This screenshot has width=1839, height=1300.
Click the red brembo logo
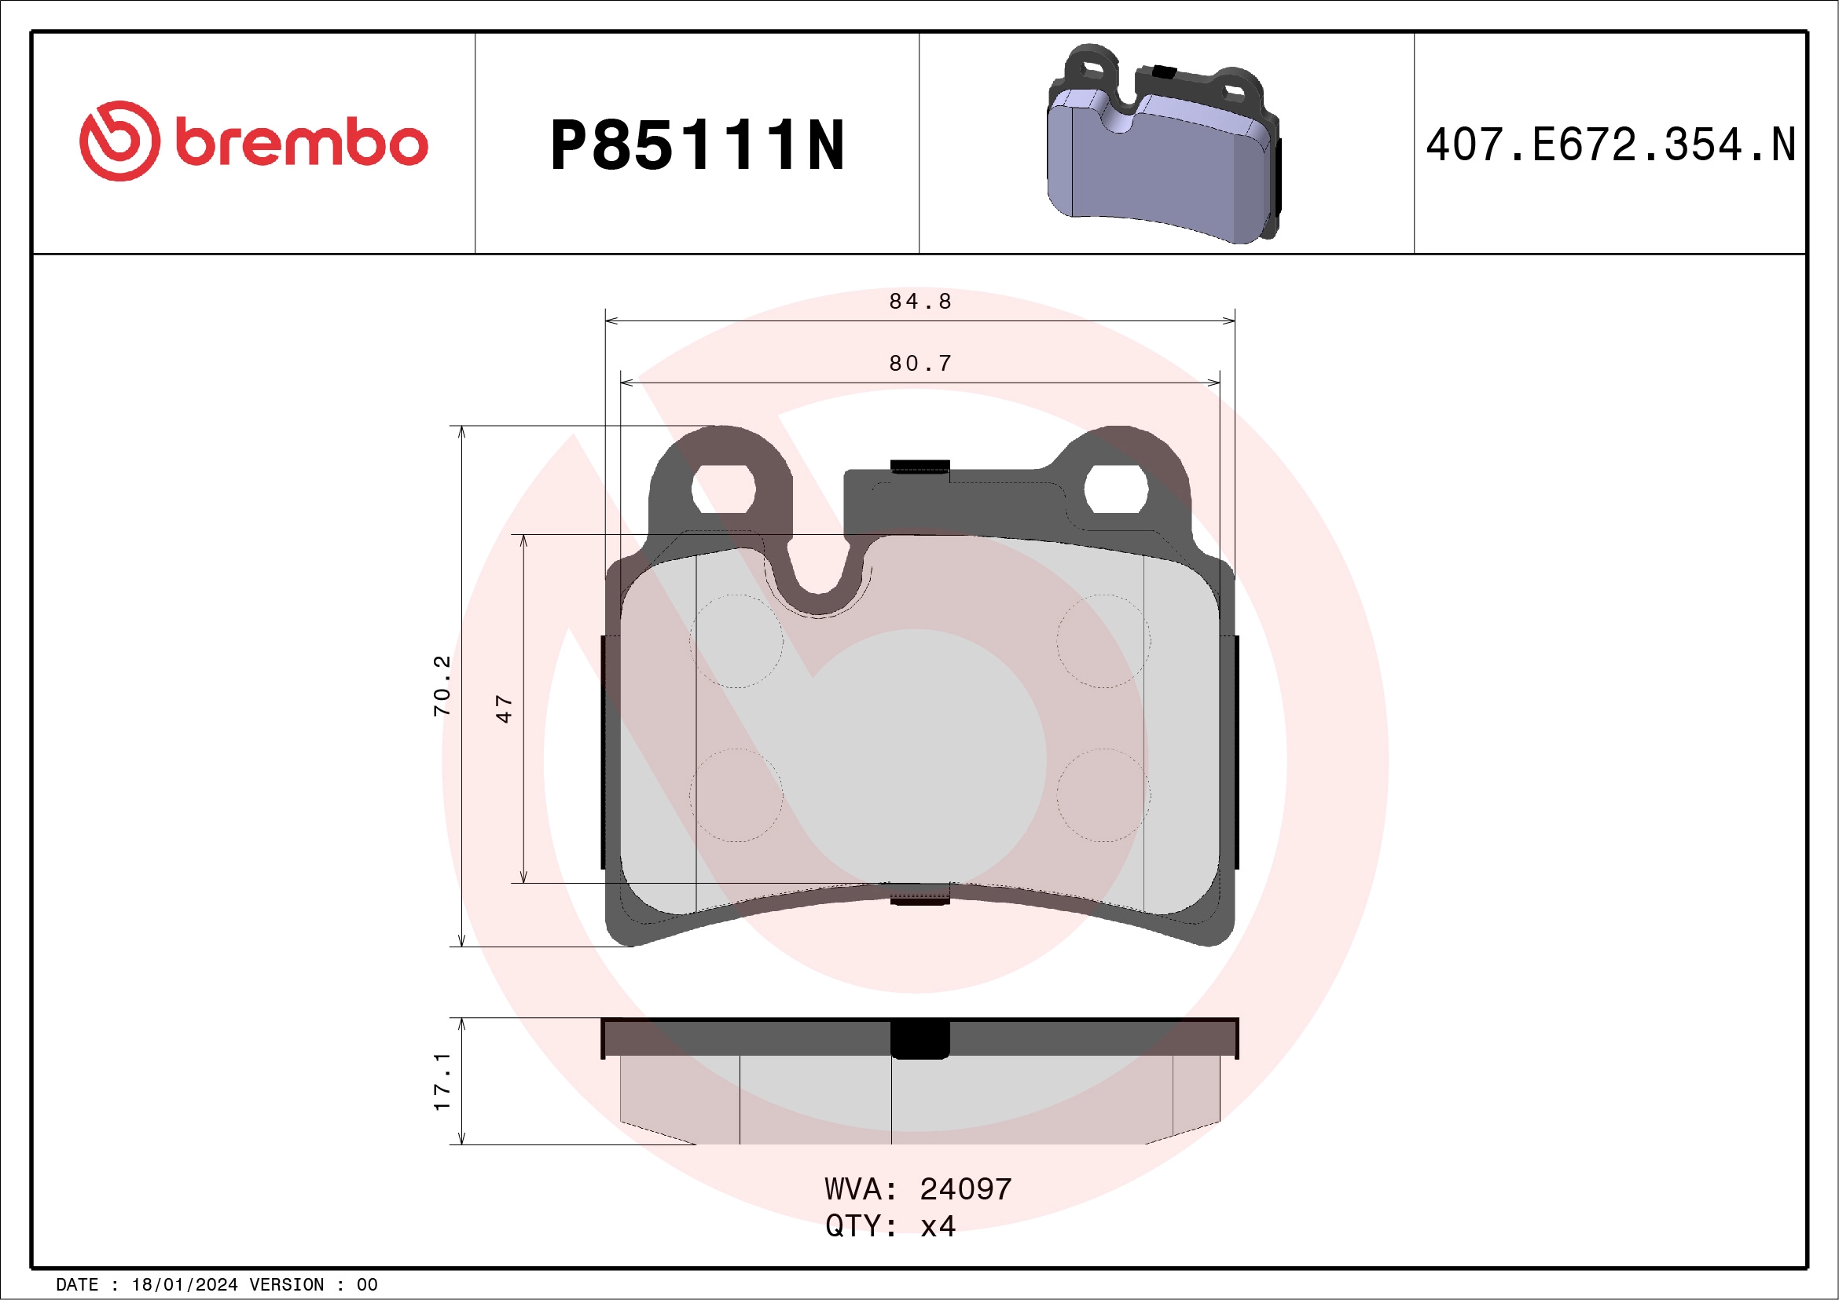coord(253,141)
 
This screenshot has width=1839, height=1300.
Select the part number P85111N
coord(697,145)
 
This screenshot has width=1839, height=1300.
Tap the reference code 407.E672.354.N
coord(1610,145)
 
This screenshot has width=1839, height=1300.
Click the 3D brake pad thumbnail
coord(1163,144)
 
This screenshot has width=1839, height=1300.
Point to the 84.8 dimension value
coord(920,302)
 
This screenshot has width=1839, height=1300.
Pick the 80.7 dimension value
coord(920,364)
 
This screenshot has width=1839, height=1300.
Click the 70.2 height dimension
coord(442,685)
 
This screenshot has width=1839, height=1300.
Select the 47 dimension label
coord(504,709)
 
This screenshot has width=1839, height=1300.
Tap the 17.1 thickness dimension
coord(442,1082)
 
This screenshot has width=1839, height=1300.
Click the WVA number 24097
coord(965,1189)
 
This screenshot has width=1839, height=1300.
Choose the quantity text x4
coord(938,1226)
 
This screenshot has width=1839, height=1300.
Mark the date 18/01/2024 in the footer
coord(184,1285)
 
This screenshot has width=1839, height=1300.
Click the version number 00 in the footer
coord(367,1285)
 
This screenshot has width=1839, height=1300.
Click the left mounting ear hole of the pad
coord(723,488)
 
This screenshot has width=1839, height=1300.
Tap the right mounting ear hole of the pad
coord(1116,488)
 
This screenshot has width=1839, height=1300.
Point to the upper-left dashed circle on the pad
coord(736,641)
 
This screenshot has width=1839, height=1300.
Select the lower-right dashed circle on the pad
coord(1103,795)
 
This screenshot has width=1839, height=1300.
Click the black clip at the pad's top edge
coord(920,467)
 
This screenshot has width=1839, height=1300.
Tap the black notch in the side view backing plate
coord(920,1039)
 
